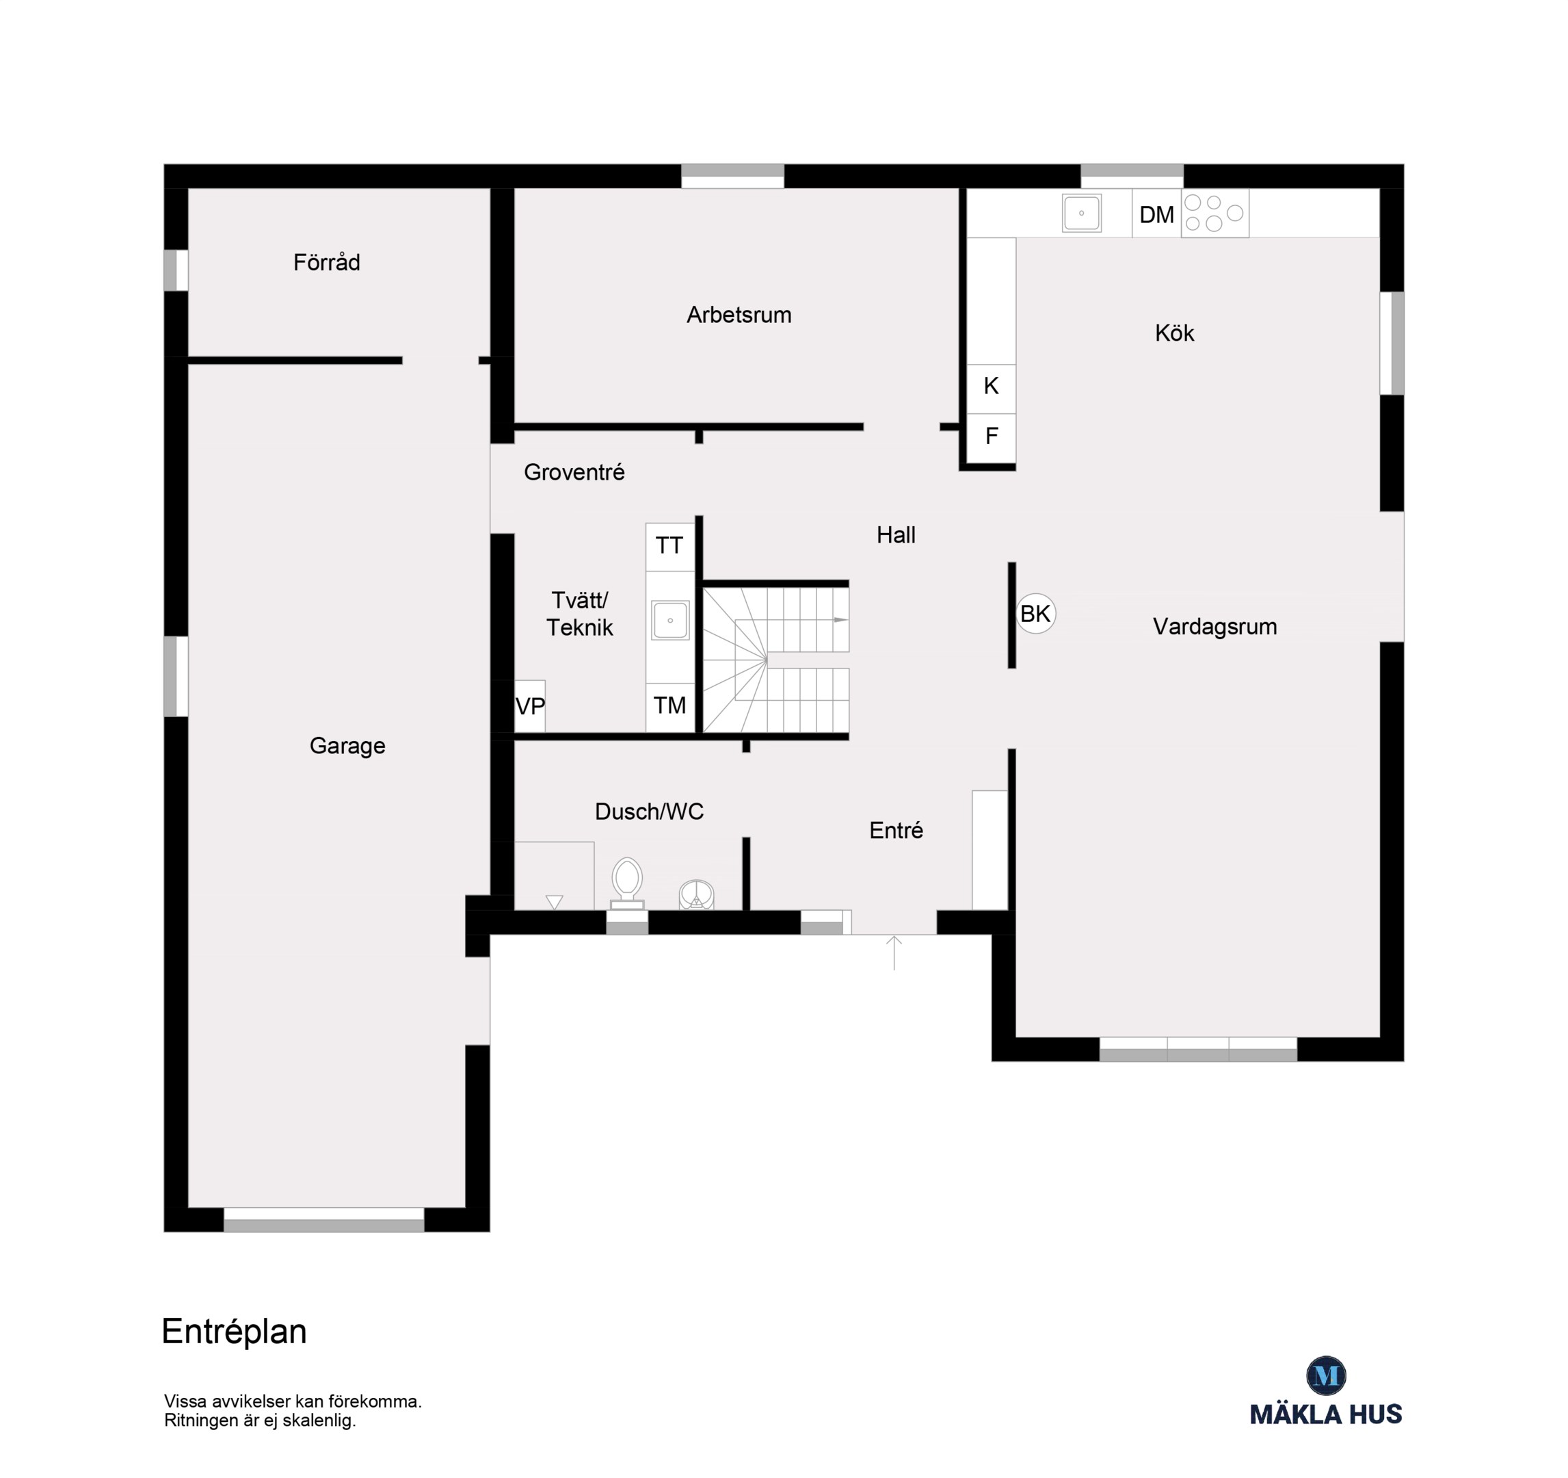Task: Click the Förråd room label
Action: coord(327,262)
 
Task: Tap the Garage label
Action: coord(347,746)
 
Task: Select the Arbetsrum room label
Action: coord(739,315)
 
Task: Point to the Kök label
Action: coord(1174,333)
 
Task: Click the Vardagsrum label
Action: coord(1214,627)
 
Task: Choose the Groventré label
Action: coord(574,472)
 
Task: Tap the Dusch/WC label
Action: coord(649,812)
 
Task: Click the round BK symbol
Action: coord(1035,613)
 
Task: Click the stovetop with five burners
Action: coord(1214,213)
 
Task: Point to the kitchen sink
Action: coord(1081,213)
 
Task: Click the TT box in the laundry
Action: coord(669,546)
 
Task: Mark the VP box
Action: coord(529,706)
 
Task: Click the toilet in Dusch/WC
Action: coord(627,884)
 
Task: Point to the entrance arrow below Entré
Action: coord(894,952)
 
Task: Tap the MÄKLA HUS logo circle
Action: coord(1326,1375)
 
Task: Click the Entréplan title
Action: coord(235,1331)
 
